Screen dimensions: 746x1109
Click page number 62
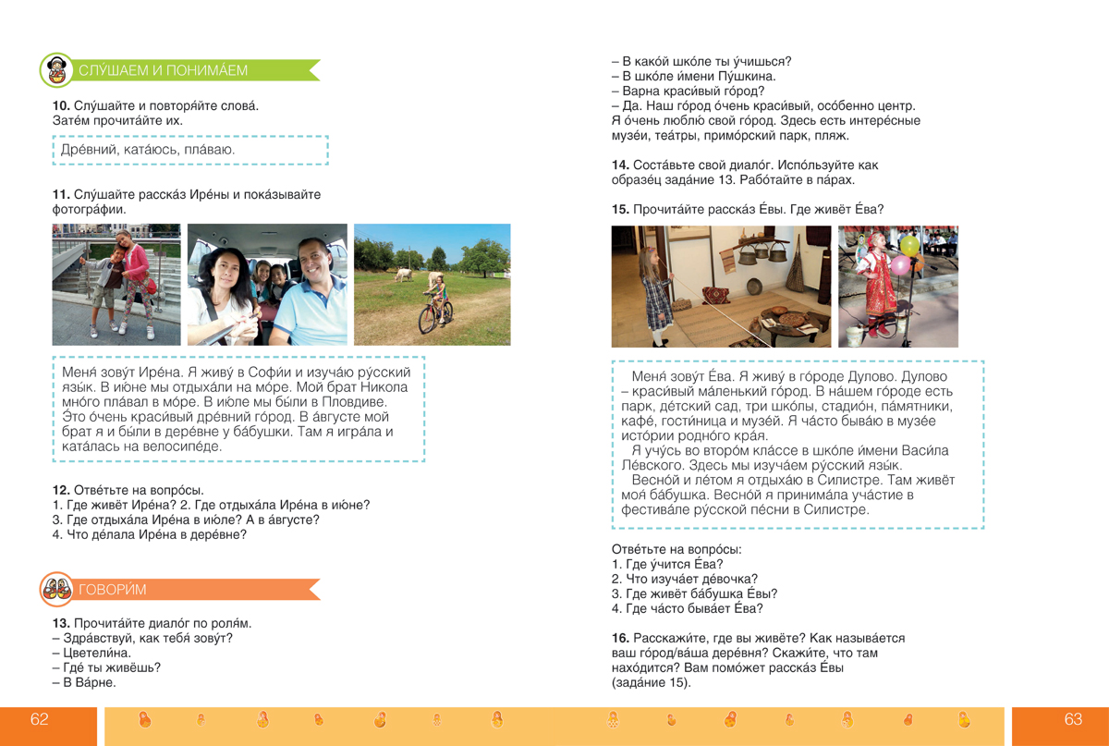pyautogui.click(x=40, y=720)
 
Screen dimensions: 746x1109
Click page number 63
pyautogui.click(x=1073, y=720)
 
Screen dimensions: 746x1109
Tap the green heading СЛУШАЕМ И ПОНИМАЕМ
pyautogui.click(x=163, y=70)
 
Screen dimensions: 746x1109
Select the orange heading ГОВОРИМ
pyautogui.click(x=112, y=589)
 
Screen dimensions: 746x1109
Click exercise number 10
pyautogui.click(x=61, y=106)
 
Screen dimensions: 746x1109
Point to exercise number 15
pyautogui.click(x=620, y=210)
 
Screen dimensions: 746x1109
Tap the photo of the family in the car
pyautogui.click(x=267, y=285)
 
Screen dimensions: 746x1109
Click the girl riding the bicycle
pyautogui.click(x=433, y=301)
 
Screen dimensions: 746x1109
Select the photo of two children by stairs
pyautogui.click(x=116, y=285)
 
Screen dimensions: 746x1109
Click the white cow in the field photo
pyautogui.click(x=402, y=274)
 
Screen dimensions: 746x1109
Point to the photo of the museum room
pyautogui.click(x=721, y=287)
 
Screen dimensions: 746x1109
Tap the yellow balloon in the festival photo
pyautogui.click(x=910, y=246)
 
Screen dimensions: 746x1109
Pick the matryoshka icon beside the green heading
pyautogui.click(x=57, y=70)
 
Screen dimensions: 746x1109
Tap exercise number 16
pyautogui.click(x=620, y=639)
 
